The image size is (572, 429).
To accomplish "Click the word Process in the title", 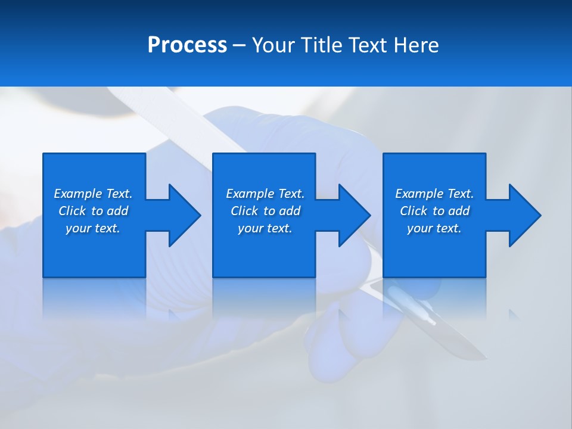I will click(x=187, y=45).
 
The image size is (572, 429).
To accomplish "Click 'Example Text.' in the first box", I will click(x=93, y=194).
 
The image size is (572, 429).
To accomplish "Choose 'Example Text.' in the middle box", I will click(x=265, y=194).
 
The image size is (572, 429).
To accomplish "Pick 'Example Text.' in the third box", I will click(x=434, y=194).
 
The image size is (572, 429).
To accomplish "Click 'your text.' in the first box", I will click(x=93, y=228).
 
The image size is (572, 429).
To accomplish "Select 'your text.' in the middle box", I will click(x=265, y=228).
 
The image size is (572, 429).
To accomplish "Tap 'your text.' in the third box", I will click(x=434, y=228).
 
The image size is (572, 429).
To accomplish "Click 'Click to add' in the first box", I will click(x=93, y=211).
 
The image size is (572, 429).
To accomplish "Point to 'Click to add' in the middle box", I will click(x=265, y=211).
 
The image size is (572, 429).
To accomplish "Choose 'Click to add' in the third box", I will click(x=434, y=211).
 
